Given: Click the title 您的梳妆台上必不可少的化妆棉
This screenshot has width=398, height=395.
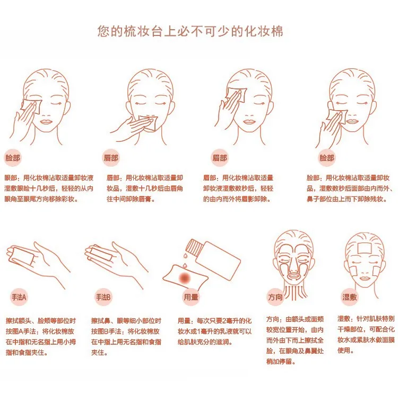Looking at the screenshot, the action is point(190,31).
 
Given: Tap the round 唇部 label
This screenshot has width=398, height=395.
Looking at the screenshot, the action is point(111,158).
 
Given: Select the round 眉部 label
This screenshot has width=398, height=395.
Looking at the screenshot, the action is point(220,158).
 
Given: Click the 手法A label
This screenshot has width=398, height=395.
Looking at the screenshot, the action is point(19,297).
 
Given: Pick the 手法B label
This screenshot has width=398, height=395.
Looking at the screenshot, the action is point(103,297).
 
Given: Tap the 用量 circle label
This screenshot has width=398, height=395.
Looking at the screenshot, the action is point(191,297).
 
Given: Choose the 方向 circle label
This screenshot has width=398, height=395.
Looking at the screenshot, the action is point(275,297).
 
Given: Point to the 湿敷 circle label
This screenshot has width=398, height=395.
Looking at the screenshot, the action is point(349,297).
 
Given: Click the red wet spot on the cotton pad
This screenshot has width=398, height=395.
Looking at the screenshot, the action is point(185,279).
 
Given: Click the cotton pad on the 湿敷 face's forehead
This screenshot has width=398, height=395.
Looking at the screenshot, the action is point(365,247).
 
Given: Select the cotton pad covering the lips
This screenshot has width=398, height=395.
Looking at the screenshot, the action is point(149,123).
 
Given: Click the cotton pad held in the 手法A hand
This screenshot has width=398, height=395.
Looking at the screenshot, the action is point(24,256).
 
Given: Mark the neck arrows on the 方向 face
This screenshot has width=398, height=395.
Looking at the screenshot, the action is point(296,292).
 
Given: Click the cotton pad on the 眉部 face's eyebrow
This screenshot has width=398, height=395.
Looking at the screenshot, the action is point(237,95).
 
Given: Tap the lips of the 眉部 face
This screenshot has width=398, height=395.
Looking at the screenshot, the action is point(250,122).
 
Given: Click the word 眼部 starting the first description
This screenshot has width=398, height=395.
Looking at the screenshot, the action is point(11,178).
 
